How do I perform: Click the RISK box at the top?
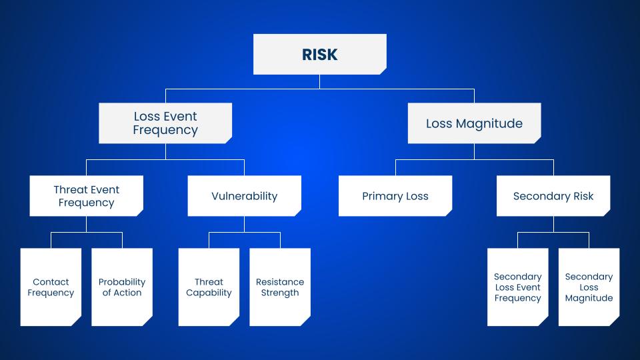coord(319,54)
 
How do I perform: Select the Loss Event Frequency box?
coord(165,123)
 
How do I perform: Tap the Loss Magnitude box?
coord(474,123)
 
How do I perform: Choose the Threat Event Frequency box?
coord(86,196)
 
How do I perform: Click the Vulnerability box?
coord(244,196)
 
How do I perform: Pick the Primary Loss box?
coord(395,196)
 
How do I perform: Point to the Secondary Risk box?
coord(553,196)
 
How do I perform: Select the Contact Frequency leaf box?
coord(51,287)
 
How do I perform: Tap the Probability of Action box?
coord(122,287)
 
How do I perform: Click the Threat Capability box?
coord(209,287)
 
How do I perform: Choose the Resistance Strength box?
coord(280,287)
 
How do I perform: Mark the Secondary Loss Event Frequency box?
coord(518,287)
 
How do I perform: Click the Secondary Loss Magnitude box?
coord(589,287)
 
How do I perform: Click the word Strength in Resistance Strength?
coord(280,293)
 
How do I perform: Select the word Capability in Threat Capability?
coord(209,293)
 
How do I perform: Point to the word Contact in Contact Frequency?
coord(51,281)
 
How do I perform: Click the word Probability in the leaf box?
coord(122,281)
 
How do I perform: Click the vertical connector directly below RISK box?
coord(319,81)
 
